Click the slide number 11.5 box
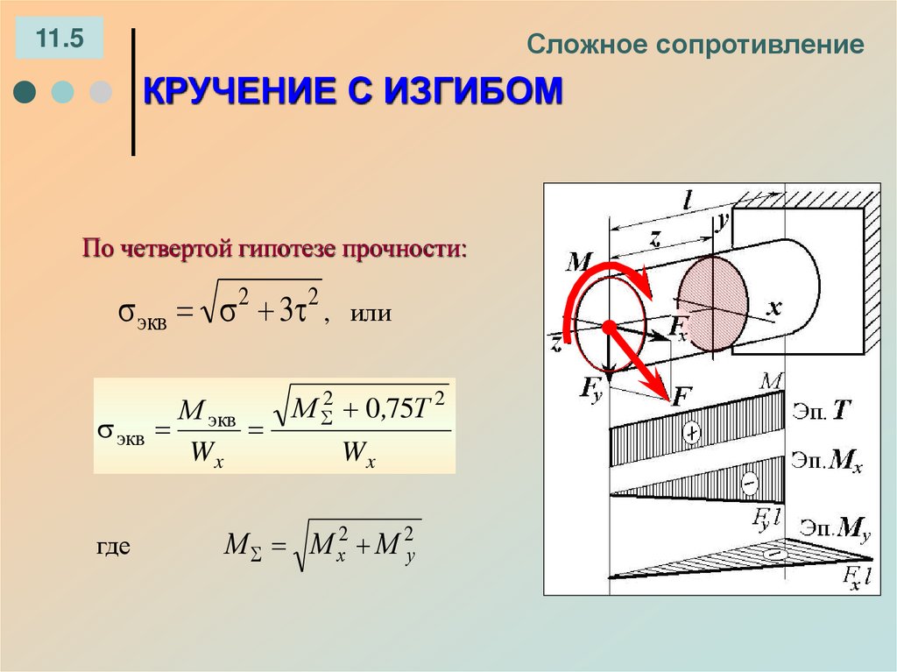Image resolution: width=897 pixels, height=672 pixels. (x=59, y=39)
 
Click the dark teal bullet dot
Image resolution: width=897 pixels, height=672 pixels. (x=25, y=92)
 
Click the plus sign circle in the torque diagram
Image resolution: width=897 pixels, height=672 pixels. (x=692, y=433)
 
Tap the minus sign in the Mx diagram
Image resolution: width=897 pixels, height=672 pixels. (x=749, y=482)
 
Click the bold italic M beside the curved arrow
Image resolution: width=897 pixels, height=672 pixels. (x=581, y=260)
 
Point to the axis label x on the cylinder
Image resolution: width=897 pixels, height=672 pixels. (x=773, y=308)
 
